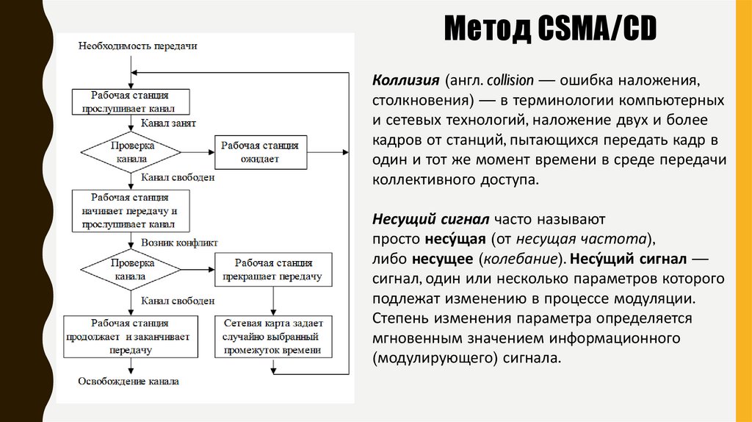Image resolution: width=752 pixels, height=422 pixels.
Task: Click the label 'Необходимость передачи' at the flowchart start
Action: (137, 46)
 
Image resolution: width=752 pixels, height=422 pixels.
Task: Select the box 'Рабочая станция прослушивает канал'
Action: (130, 101)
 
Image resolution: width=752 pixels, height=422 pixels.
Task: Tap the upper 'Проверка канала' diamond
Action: (130, 152)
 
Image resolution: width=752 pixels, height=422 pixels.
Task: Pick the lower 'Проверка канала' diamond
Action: (130, 270)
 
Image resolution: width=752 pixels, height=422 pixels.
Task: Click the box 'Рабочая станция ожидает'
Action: (260, 152)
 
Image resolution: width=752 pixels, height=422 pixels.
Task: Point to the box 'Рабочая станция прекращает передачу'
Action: (273, 270)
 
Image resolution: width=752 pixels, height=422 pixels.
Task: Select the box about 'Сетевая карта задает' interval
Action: (273, 337)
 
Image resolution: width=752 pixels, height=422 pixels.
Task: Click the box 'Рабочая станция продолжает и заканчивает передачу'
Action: (130, 337)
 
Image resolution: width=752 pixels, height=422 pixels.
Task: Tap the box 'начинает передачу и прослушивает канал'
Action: (130, 210)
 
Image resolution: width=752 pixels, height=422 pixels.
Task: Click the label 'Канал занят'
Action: (168, 124)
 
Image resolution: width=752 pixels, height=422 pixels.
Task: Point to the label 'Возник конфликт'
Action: (179, 242)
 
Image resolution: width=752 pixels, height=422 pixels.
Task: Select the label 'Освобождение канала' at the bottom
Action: (129, 382)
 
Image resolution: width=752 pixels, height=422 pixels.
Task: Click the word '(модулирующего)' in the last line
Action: (426, 359)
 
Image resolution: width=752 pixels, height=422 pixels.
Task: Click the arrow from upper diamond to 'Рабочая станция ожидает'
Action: (197, 152)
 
